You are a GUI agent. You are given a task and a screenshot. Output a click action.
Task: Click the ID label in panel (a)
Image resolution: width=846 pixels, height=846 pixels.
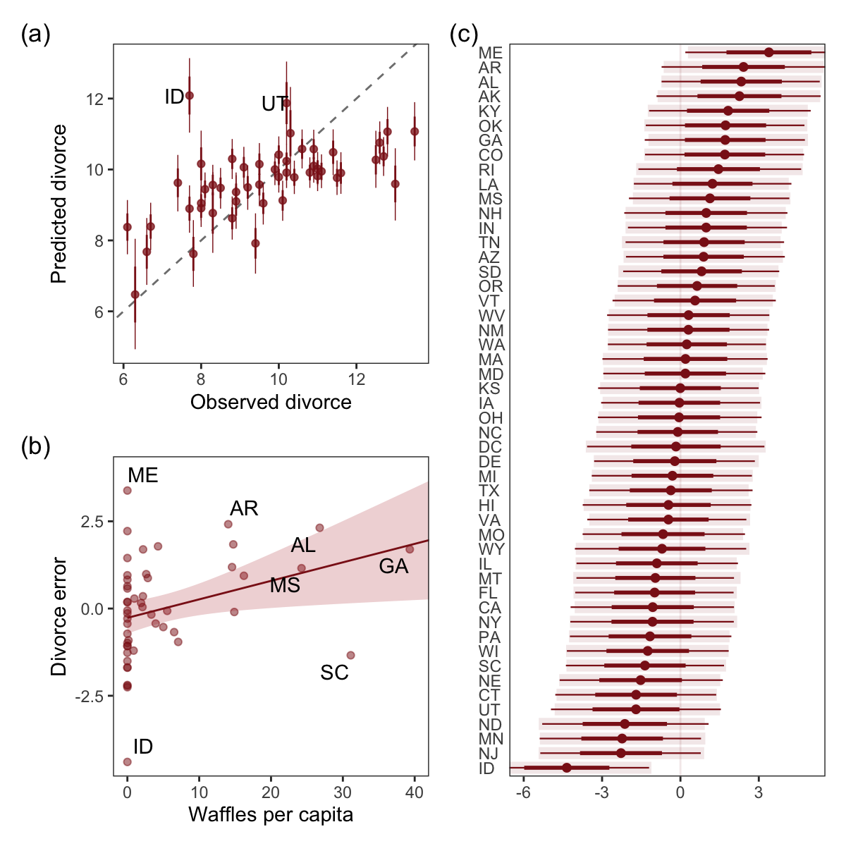click(x=174, y=97)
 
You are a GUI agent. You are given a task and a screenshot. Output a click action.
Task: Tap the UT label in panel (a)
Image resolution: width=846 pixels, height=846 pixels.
click(x=274, y=104)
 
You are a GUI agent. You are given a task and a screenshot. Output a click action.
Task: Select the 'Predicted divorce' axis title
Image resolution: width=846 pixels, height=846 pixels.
click(x=59, y=204)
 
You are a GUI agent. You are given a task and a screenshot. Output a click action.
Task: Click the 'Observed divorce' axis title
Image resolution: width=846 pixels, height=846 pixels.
click(x=271, y=402)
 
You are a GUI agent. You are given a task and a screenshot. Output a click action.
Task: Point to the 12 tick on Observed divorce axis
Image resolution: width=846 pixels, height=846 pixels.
click(x=357, y=379)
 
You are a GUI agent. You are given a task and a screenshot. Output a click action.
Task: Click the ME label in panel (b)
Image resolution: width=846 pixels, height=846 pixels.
click(x=143, y=476)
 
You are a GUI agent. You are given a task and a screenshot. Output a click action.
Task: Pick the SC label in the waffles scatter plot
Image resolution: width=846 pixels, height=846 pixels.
click(x=334, y=673)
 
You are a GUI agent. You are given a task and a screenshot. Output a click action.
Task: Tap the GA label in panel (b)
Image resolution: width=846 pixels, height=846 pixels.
click(x=393, y=566)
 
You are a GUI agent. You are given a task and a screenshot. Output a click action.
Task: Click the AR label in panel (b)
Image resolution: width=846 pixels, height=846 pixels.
click(x=244, y=508)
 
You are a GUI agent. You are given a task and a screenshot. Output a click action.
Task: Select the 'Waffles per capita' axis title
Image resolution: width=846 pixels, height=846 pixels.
click(x=271, y=815)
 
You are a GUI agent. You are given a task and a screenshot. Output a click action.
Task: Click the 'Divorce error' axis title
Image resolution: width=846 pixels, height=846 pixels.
click(x=59, y=617)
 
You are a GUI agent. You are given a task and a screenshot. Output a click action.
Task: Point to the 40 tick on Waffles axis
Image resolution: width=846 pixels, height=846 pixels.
click(x=414, y=792)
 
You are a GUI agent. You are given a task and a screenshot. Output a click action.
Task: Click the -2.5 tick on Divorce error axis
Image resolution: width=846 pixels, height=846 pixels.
click(x=90, y=697)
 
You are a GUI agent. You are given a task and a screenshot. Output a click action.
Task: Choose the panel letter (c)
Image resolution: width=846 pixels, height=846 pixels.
click(x=464, y=35)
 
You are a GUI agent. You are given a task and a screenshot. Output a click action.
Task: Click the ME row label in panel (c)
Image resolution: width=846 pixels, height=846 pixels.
click(x=490, y=54)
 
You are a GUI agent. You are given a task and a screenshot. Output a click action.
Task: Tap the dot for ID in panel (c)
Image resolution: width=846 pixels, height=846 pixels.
click(x=566, y=768)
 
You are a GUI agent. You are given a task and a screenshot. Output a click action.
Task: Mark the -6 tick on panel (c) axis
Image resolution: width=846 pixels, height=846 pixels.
click(x=523, y=792)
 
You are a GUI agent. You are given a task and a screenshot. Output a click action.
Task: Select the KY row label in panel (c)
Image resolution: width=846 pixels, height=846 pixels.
click(x=489, y=112)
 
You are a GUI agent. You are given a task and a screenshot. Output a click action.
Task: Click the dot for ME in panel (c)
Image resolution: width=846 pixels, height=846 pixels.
click(x=768, y=52)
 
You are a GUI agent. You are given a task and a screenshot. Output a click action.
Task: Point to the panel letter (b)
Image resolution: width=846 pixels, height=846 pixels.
click(x=35, y=447)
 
